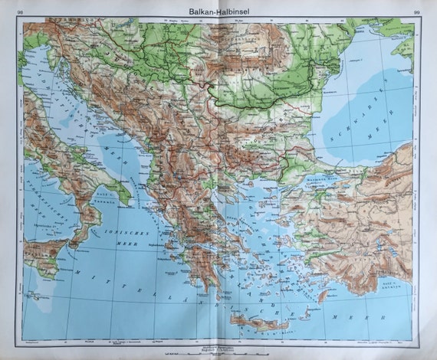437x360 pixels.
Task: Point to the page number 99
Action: coord(415,11)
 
